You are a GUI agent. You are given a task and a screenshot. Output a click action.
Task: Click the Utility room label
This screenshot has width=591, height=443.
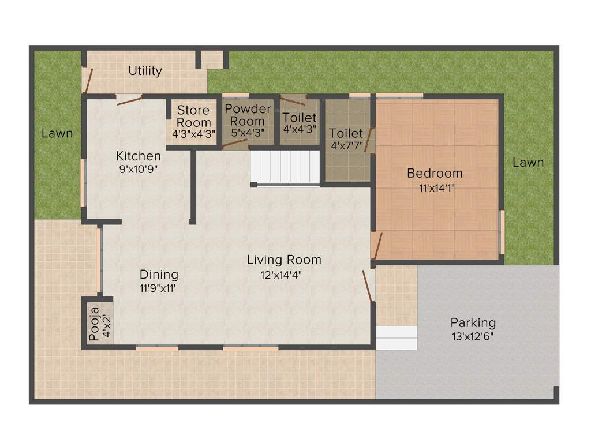point(145,71)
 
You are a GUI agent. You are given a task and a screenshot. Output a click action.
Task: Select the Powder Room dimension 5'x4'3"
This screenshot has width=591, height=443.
point(248,132)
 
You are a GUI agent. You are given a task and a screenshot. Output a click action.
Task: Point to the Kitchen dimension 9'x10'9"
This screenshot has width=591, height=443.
point(137,169)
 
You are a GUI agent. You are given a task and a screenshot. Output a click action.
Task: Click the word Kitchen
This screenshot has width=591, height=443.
point(138,156)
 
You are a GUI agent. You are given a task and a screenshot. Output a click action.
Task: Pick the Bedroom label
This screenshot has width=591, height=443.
point(435,173)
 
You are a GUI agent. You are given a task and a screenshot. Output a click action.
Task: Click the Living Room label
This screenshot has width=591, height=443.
point(284,260)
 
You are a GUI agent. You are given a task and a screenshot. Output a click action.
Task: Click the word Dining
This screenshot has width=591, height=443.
point(159,275)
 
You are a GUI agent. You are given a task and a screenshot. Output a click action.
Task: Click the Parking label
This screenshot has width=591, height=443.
point(473,322)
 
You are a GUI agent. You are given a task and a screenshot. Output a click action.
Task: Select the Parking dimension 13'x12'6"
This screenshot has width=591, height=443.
point(473,336)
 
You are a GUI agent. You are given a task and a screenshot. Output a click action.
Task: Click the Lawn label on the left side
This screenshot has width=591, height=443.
point(57,133)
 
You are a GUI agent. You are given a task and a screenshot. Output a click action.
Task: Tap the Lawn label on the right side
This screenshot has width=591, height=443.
point(528,163)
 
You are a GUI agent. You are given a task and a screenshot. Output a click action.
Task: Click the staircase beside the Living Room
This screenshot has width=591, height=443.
point(285,166)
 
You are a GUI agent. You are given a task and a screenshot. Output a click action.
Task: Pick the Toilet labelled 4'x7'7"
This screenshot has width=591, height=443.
point(346,139)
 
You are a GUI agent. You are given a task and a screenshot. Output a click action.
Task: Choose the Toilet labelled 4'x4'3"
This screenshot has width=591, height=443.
point(299,123)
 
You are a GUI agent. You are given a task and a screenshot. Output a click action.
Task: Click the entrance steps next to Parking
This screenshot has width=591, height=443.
point(396,337)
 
